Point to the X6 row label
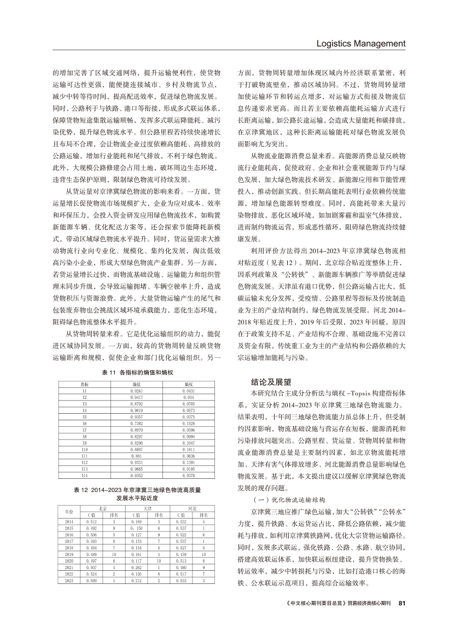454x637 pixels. (84, 423)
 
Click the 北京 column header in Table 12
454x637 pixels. (102, 508)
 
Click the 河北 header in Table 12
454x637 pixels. (193, 508)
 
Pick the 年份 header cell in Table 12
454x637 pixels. (69, 512)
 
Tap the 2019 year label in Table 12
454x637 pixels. (69, 554)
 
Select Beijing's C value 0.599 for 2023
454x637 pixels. (91, 580)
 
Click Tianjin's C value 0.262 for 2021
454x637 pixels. (136, 567)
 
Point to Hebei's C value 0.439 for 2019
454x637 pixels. (181, 554)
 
